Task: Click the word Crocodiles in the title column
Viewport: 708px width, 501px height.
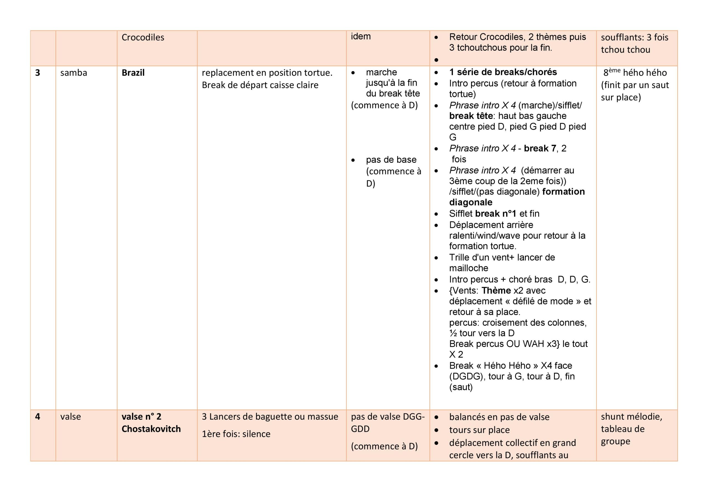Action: [x=143, y=37]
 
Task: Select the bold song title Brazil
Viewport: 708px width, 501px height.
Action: [x=133, y=73]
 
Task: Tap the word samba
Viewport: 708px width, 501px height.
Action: [x=74, y=73]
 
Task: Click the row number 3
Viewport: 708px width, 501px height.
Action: [x=38, y=73]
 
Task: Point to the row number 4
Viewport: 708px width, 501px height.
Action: [x=38, y=416]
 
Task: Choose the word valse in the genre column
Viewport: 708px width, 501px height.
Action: [x=71, y=416]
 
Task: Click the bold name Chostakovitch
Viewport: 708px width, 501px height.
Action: [x=151, y=429]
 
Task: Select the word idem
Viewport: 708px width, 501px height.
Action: [x=360, y=37]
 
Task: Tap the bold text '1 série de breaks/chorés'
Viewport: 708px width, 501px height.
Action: [x=503, y=72]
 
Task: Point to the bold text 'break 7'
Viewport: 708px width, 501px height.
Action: [x=540, y=148]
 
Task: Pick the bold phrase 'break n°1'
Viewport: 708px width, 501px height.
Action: [x=496, y=214]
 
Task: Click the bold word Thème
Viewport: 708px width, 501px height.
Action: [x=496, y=290]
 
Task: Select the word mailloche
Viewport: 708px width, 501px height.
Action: [x=469, y=268]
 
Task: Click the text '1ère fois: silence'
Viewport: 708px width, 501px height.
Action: [x=236, y=434]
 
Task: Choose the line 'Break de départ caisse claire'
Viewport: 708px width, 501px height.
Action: [x=260, y=85]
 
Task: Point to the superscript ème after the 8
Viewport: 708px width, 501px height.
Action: [x=615, y=70]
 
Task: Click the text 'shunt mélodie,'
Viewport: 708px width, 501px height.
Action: [x=631, y=417]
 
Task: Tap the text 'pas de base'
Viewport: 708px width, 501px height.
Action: [x=391, y=160]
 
